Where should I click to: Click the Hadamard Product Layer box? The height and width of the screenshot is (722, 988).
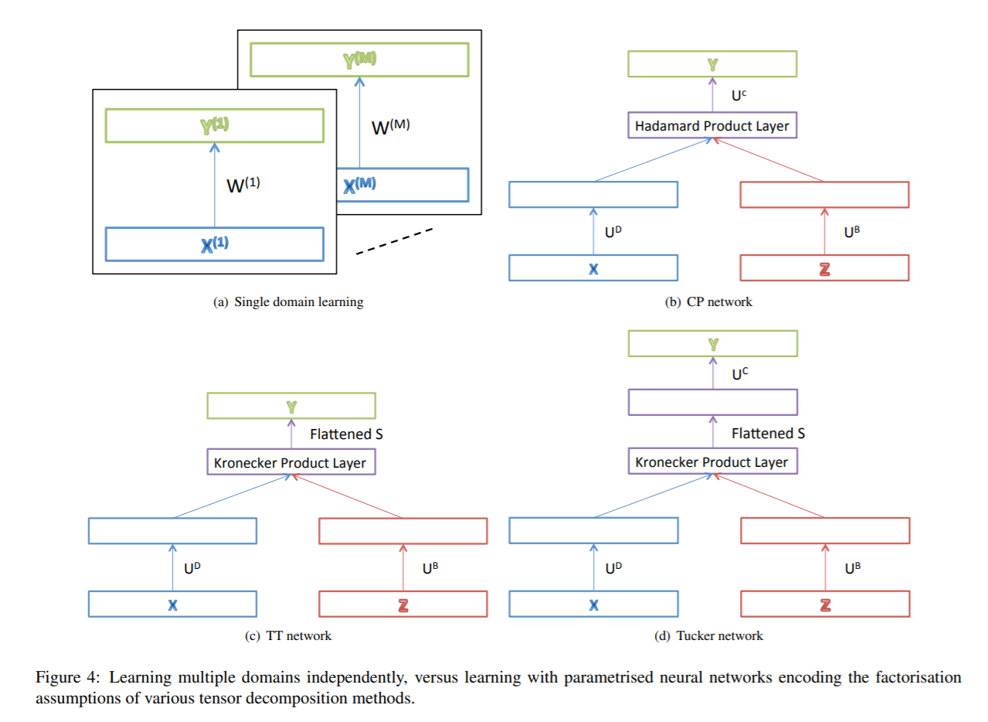point(711,125)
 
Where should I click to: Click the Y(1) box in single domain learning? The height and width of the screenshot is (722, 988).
point(214,126)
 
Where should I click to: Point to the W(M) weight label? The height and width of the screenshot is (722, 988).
point(391,126)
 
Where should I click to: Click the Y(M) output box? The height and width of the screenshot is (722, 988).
point(358,59)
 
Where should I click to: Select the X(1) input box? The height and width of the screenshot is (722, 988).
point(214,244)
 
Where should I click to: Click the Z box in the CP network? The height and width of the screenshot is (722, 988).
point(824,267)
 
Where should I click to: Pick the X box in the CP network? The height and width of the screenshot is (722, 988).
point(592,267)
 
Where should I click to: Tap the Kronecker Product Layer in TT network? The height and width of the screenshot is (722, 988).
point(291,462)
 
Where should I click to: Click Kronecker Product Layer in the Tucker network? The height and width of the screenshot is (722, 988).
point(711,462)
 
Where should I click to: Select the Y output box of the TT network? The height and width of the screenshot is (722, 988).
point(291,405)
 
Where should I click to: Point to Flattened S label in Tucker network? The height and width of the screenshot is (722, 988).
point(768,434)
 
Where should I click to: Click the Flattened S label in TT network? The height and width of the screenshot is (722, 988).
point(346,434)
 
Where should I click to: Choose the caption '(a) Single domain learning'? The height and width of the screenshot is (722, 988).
point(288,302)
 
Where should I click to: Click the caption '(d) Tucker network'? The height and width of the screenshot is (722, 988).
point(708,635)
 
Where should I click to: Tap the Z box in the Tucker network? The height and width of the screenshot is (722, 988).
point(824,605)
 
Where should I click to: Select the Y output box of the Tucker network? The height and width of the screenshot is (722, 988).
point(711,344)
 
